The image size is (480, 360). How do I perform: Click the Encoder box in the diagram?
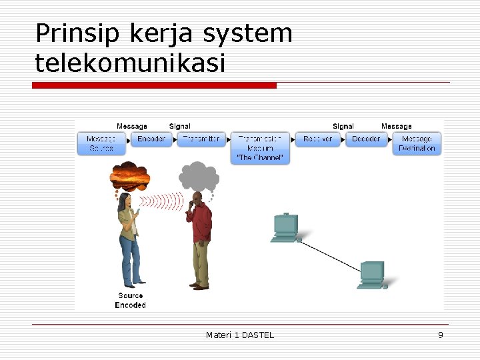[x=151, y=139]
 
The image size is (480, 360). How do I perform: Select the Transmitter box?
[x=201, y=139]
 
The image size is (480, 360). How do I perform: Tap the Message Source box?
[x=101, y=143]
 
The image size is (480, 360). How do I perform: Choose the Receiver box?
[x=317, y=139]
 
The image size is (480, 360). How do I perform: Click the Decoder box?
[x=366, y=139]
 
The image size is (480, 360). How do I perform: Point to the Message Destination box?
[x=417, y=143]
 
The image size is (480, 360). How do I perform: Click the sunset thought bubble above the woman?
[x=129, y=176]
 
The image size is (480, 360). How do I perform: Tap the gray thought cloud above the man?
[x=199, y=176]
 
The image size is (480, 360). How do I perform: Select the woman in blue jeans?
[x=129, y=240]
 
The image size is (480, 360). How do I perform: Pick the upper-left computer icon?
[x=286, y=227]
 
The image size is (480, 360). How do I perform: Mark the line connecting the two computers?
[x=330, y=254]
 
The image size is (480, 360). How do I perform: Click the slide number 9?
[x=440, y=335]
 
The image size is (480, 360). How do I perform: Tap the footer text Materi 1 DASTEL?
[x=240, y=335]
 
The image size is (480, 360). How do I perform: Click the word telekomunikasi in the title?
[x=131, y=63]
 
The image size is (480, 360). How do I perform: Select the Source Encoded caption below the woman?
[x=130, y=300]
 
